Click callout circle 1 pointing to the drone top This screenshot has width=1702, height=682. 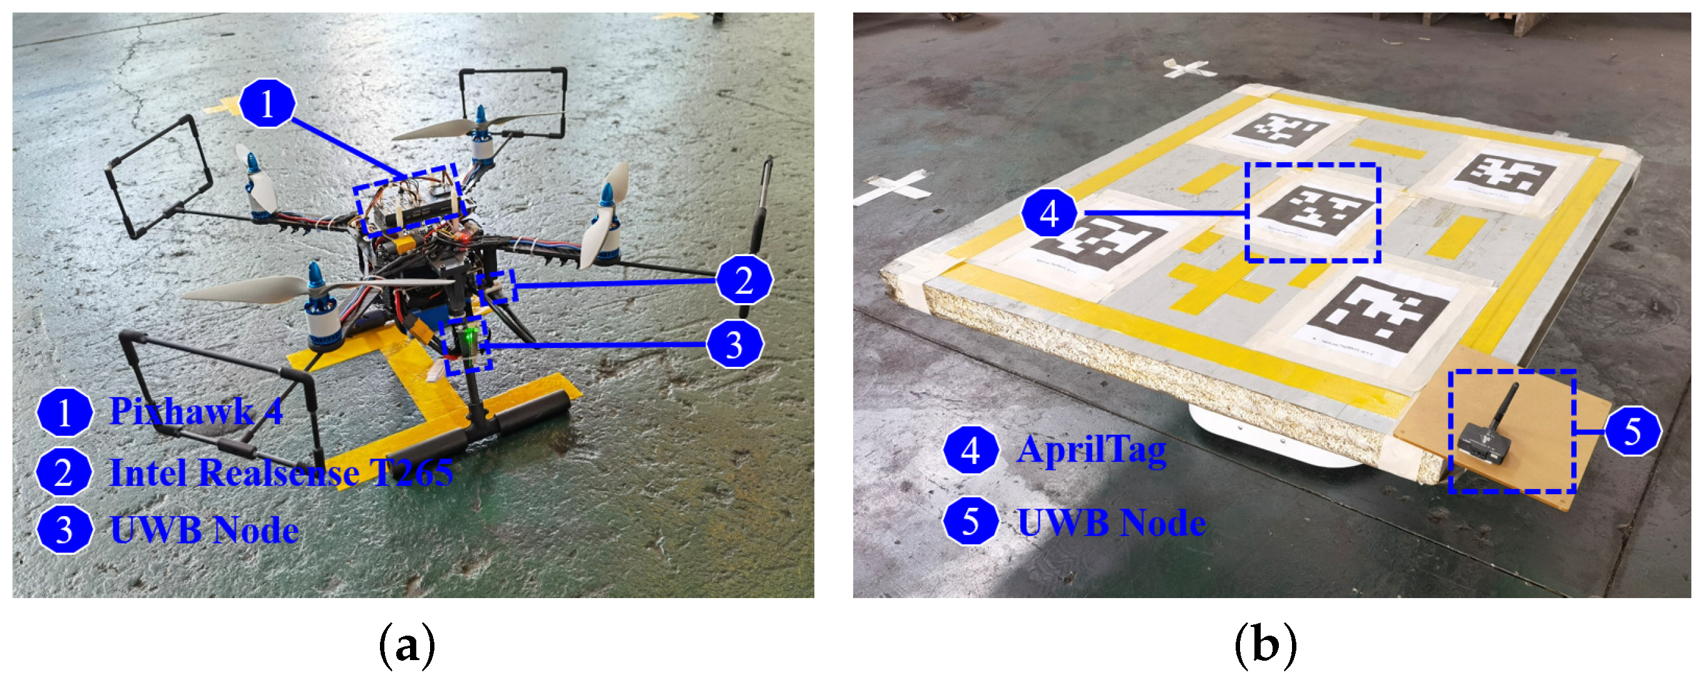point(267,103)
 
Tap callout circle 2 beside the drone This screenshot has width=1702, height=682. point(744,280)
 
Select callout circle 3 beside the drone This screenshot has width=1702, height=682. point(735,344)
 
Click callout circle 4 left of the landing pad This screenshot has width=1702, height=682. point(1049,213)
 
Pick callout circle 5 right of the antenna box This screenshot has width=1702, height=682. point(1633,431)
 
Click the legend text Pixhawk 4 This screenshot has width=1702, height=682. point(196,411)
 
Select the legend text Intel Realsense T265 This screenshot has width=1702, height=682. point(282,472)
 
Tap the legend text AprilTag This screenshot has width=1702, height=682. point(1092,451)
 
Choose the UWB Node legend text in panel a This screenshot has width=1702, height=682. point(204,530)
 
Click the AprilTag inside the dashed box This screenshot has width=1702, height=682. point(1313,211)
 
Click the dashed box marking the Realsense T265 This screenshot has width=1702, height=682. point(498,286)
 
